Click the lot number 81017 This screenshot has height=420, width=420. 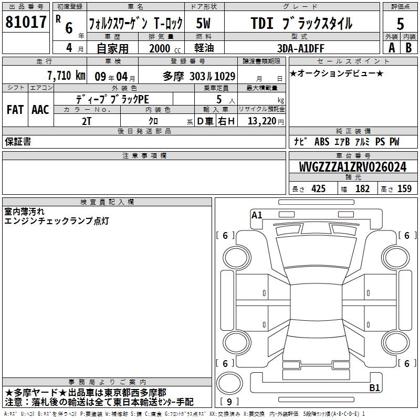pyautogui.click(x=26, y=22)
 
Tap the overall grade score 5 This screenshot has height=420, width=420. pyautogui.click(x=400, y=24)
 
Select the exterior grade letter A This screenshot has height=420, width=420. pyautogui.click(x=392, y=48)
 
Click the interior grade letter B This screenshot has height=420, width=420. pyautogui.click(x=408, y=48)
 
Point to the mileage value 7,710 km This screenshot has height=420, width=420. pyautogui.click(x=67, y=76)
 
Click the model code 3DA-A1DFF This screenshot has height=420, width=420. pyautogui.click(x=300, y=48)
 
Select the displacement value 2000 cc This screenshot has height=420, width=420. pyautogui.click(x=165, y=48)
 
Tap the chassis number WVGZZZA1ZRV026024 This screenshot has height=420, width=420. pyautogui.click(x=352, y=167)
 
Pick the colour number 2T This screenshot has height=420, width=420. pyautogui.click(x=87, y=121)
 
